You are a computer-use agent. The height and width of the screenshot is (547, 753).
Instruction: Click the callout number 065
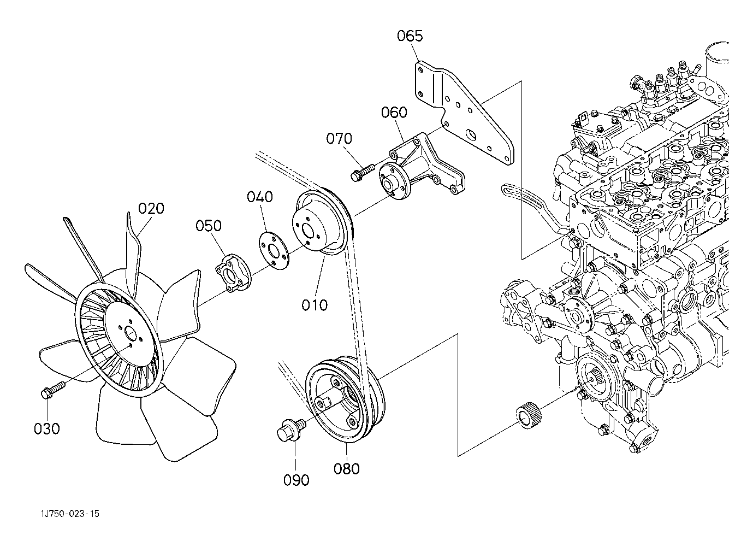click(x=410, y=36)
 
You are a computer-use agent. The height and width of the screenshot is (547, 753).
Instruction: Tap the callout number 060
click(x=394, y=113)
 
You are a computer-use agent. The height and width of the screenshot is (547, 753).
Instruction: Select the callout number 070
click(x=339, y=139)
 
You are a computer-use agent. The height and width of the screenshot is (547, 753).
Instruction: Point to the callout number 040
click(x=260, y=197)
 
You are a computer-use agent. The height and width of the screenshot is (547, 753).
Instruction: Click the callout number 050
click(x=209, y=226)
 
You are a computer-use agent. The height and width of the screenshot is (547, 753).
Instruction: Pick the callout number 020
click(x=151, y=209)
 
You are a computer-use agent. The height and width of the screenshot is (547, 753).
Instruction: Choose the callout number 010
click(x=315, y=305)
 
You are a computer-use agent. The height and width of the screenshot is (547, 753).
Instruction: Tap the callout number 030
click(x=47, y=428)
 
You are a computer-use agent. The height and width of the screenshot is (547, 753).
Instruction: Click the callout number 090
click(x=296, y=480)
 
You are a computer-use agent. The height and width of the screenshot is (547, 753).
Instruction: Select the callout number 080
click(x=347, y=469)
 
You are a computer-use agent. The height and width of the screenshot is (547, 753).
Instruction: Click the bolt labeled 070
click(x=363, y=172)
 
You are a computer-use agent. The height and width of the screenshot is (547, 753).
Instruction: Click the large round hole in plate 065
click(x=471, y=135)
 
